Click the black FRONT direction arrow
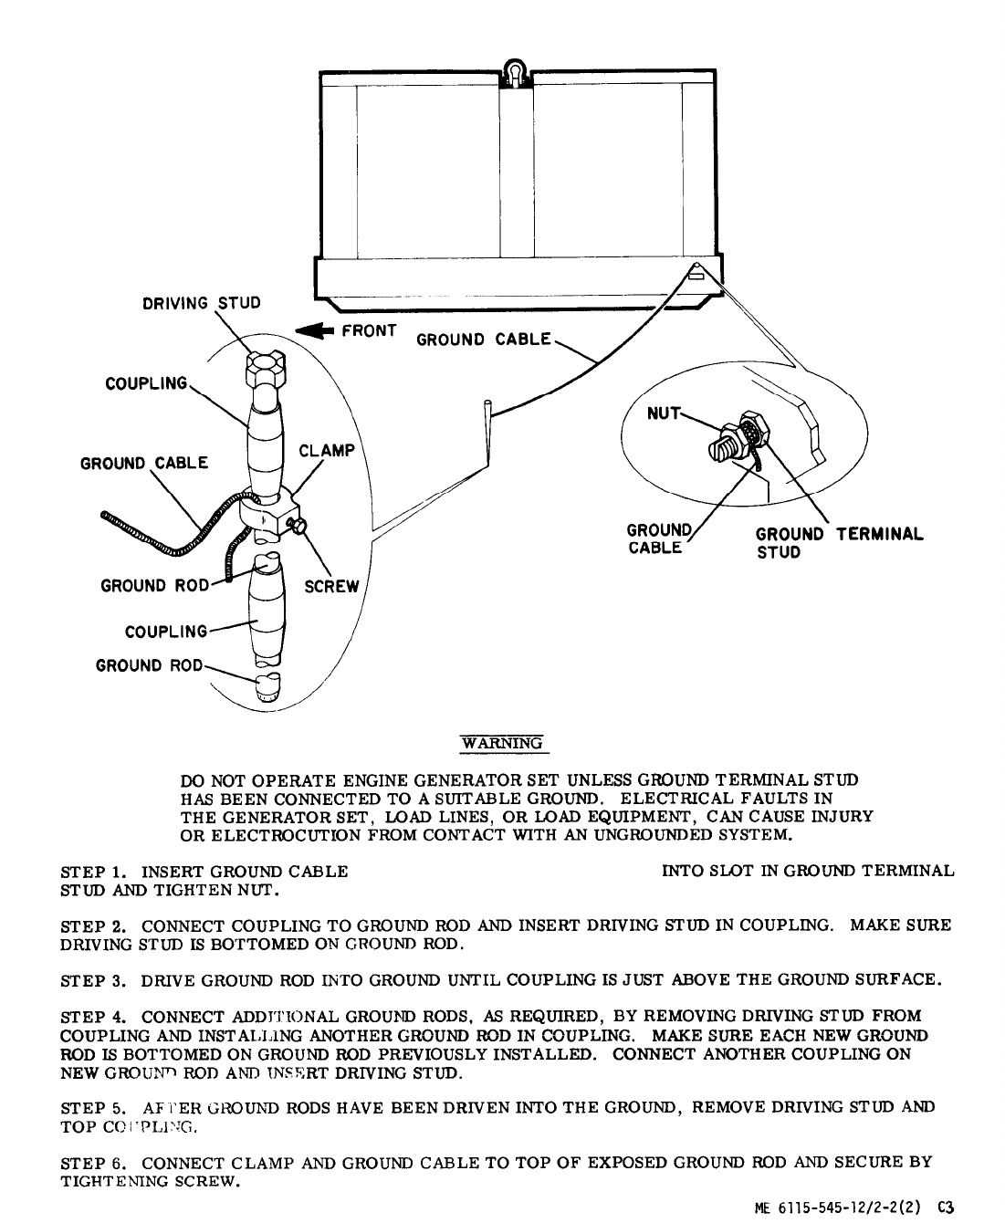coord(313,333)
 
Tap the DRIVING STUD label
coord(201,303)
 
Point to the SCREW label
coord(331,587)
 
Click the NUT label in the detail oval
coord(664,413)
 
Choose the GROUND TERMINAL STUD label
coord(838,543)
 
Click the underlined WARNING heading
coord(501,743)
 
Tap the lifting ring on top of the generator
coord(516,72)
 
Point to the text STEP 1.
coord(95,871)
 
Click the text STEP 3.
coord(95,981)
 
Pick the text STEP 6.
coord(95,1163)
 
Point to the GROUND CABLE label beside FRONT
coord(484,340)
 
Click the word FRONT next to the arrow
coord(368,331)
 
